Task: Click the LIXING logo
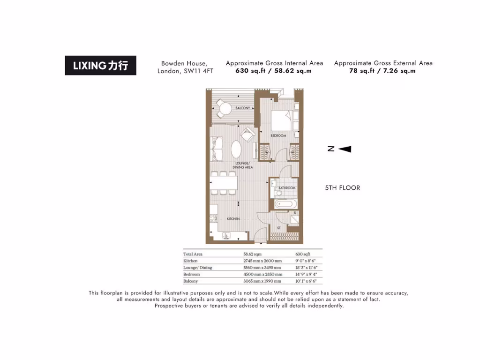pos(100,66)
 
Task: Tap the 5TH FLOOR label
pos(342,188)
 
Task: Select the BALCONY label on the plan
pos(242,108)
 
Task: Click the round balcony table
pos(226,109)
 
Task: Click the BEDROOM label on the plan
pos(278,135)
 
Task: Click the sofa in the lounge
pos(217,149)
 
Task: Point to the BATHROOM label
pos(287,188)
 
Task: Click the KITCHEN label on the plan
pos(233,219)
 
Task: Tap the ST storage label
pos(278,228)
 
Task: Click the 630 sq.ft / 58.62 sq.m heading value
pos(274,71)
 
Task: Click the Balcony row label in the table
pos(191,281)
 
